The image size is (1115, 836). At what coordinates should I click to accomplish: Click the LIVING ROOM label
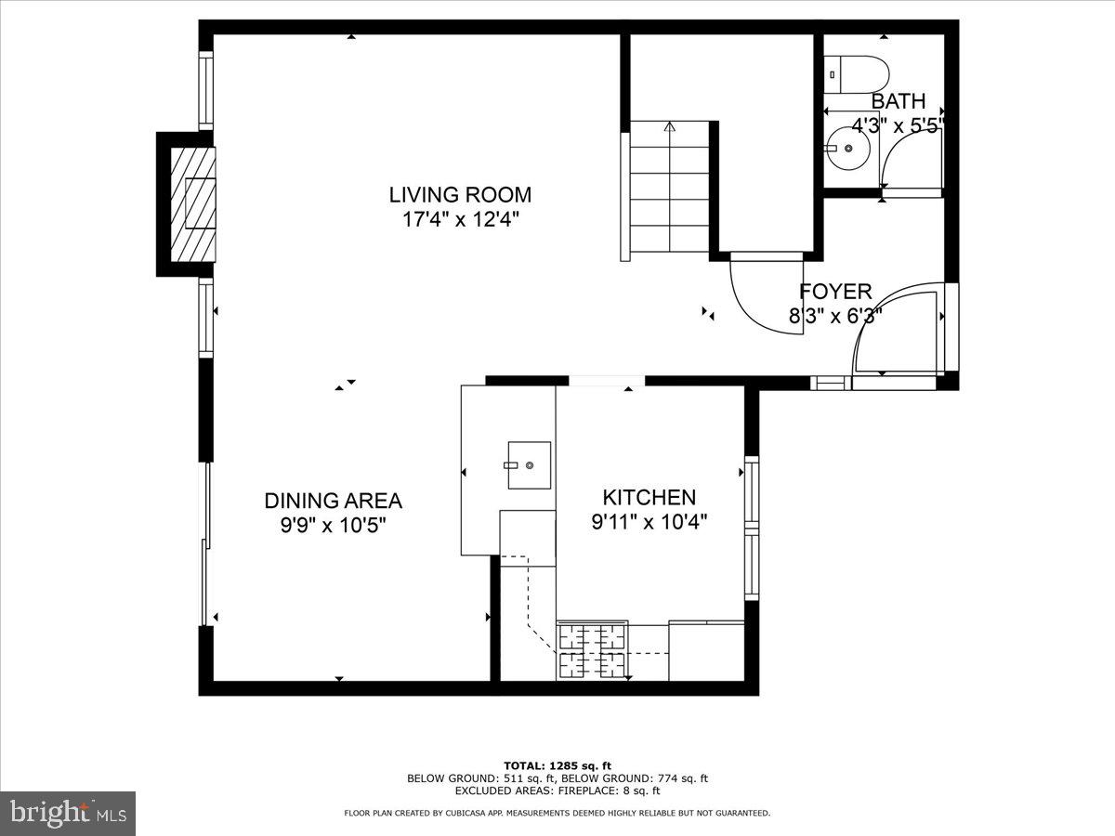pos(460,195)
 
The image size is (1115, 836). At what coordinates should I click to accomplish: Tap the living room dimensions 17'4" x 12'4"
pos(460,220)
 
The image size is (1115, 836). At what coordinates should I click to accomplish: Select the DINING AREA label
pos(333,501)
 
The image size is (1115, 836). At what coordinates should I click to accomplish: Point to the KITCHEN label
pos(649,497)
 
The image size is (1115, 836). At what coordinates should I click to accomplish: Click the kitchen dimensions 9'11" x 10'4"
pos(649,522)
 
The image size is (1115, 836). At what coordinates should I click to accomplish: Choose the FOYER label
pos(835,292)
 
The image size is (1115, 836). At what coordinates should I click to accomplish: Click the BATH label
pos(898,101)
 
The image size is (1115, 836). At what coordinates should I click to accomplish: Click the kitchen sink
pos(528,464)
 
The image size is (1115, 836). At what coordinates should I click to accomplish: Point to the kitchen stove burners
pos(592,650)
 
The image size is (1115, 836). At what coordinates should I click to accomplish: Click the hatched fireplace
pos(192,203)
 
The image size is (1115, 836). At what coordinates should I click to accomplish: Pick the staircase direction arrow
pos(669,128)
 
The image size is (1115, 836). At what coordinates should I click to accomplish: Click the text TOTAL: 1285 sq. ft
pos(557,765)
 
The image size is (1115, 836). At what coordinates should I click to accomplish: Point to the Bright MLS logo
pos(67,813)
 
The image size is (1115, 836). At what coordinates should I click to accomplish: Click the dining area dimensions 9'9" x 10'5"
pos(333,526)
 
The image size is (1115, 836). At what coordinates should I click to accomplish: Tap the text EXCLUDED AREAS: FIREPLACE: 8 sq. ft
pos(557,791)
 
